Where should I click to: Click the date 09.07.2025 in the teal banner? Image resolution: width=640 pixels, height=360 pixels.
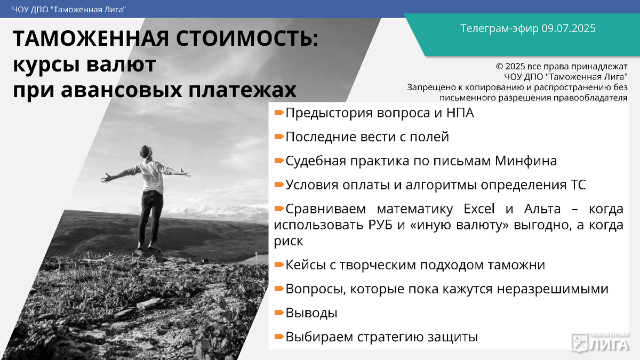569,28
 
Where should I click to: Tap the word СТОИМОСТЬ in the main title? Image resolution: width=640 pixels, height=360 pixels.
247,39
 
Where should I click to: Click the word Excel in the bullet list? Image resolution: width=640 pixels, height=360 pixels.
479,209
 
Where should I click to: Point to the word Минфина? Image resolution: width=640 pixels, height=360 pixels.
526,161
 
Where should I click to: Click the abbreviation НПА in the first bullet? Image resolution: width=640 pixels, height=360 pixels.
460,113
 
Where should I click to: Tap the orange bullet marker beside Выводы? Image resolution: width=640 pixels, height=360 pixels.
279,313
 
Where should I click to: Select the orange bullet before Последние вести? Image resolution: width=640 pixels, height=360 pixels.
279,137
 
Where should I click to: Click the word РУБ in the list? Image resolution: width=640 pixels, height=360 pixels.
380,225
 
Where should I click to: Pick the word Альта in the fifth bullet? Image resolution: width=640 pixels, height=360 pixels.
542,209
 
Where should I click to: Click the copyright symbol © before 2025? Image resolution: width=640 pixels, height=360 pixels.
499,67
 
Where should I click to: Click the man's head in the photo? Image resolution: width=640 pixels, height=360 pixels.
146,153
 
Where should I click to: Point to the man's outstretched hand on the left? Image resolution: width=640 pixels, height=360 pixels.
106,178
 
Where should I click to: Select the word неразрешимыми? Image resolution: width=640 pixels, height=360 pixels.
553,289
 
